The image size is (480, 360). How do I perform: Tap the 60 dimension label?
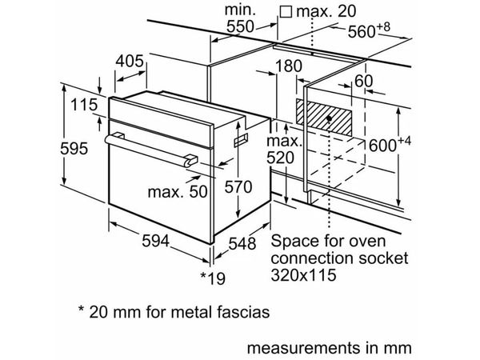click(x=363, y=80)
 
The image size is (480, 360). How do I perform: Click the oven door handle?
click(x=152, y=147)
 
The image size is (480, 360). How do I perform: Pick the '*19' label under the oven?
click(x=212, y=276)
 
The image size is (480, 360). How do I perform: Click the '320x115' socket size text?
click(x=304, y=274)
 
